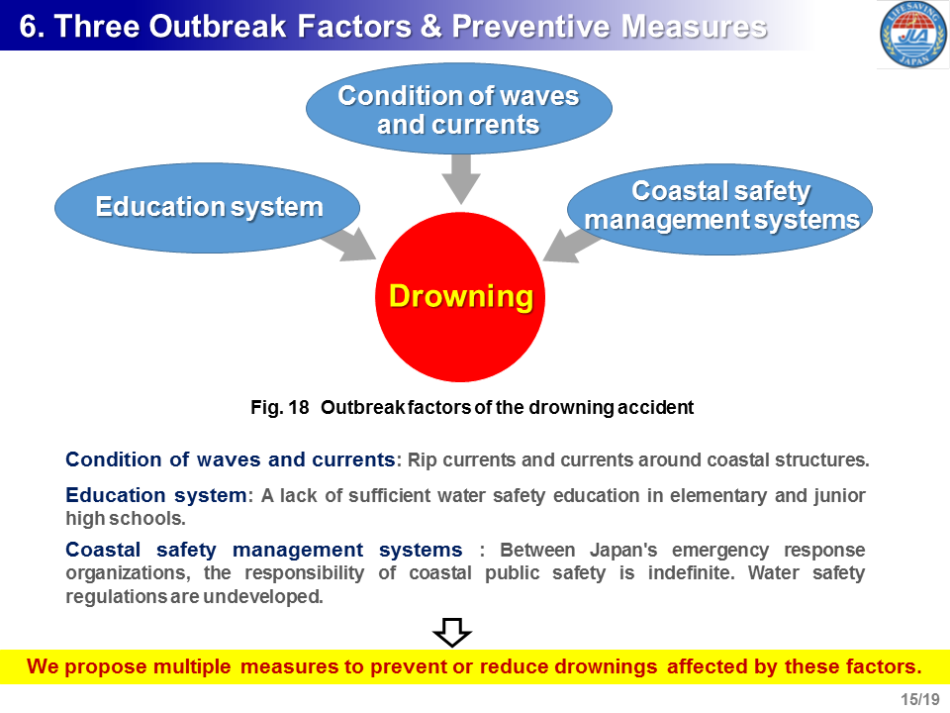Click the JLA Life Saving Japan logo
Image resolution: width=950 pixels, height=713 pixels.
coord(913,34)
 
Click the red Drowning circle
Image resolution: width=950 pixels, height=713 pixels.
coord(460,297)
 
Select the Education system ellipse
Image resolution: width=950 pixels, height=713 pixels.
coord(207,207)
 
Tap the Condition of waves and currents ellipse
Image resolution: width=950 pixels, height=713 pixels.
coord(458,109)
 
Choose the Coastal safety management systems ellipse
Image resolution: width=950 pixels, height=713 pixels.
coord(719,209)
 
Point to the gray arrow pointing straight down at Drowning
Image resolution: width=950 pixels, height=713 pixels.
coord(461,178)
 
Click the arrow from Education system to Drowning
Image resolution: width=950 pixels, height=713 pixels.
coord(349,244)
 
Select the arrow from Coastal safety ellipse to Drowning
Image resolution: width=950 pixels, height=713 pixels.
coord(571,245)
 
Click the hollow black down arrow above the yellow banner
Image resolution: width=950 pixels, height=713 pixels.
coord(452,633)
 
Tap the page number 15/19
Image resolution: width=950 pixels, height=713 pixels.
coord(919,699)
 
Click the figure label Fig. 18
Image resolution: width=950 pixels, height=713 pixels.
coord(280,407)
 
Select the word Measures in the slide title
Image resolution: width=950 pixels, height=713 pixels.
coord(695,27)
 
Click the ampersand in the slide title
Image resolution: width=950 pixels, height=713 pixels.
coord(430,27)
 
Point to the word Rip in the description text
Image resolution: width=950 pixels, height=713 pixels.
coord(423,460)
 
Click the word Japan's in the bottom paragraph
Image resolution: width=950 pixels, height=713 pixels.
coord(623,550)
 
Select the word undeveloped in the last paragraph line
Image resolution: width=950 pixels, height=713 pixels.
coord(262,596)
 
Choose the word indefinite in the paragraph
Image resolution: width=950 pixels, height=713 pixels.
coord(692,573)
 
